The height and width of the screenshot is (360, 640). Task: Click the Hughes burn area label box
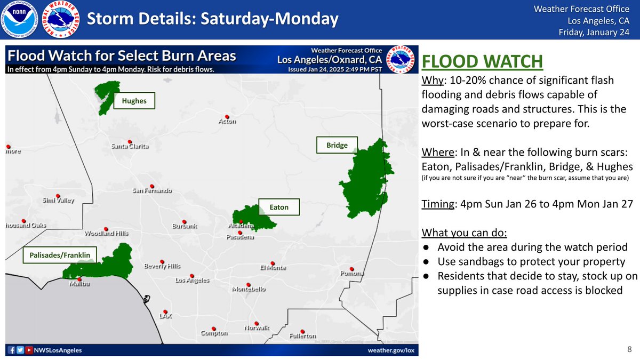pyautogui.click(x=134, y=101)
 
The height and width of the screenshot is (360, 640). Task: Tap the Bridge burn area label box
pyautogui.click(x=337, y=145)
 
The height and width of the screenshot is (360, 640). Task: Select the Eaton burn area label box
pyautogui.click(x=279, y=207)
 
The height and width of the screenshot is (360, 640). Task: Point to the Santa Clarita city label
pyautogui.click(x=130, y=147)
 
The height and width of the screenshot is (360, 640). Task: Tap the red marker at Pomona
pyautogui.click(x=351, y=269)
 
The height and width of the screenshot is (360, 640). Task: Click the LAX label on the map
pyautogui.click(x=166, y=316)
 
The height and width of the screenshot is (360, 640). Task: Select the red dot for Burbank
pyautogui.click(x=184, y=221)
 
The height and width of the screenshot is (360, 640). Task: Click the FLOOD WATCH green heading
pyautogui.click(x=482, y=61)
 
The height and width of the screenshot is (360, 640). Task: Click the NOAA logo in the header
pyautogui.click(x=20, y=20)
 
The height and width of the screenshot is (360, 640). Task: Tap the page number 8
pyautogui.click(x=629, y=349)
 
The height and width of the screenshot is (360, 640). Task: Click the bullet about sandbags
pyautogui.click(x=531, y=261)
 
